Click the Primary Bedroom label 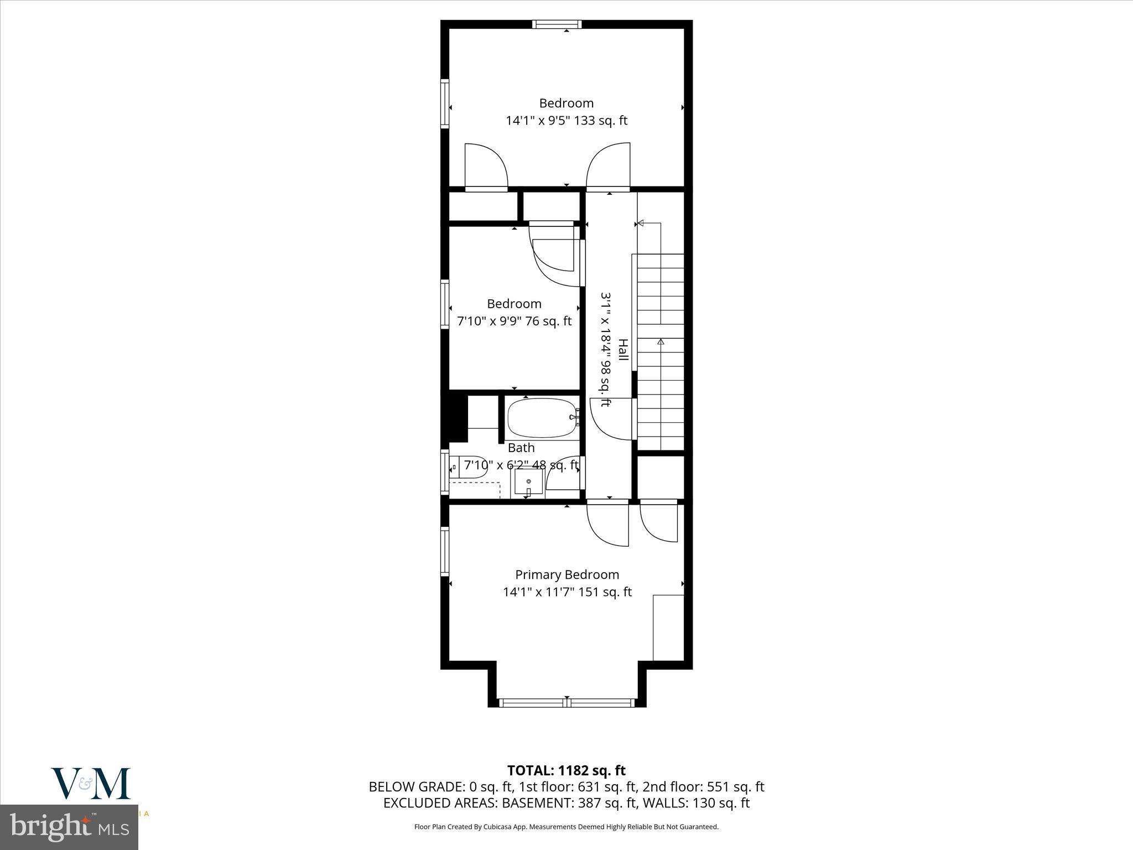[x=567, y=575]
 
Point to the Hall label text [x=623, y=350]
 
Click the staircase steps [x=661, y=354]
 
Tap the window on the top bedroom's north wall [x=557, y=24]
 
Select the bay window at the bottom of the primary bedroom [x=566, y=703]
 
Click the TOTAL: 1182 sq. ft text [x=566, y=770]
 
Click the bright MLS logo [x=69, y=828]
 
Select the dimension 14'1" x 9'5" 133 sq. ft [x=566, y=121]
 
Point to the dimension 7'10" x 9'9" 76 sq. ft [x=514, y=321]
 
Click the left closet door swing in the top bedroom [x=486, y=166]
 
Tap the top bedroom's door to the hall [x=609, y=166]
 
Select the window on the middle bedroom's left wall [x=444, y=304]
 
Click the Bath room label [x=521, y=448]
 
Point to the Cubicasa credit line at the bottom [x=566, y=842]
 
